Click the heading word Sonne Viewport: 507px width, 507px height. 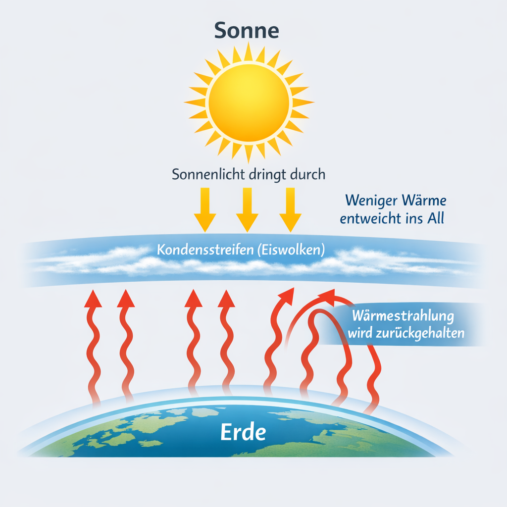(x=247, y=31)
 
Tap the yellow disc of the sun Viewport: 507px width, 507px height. (x=249, y=103)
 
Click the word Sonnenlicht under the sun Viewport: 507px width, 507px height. (x=208, y=174)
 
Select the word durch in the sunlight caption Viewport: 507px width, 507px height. (x=307, y=174)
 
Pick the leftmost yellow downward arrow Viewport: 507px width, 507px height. (x=205, y=209)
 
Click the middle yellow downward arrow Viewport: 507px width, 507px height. (x=247, y=209)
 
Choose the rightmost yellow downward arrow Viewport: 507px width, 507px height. (x=290, y=209)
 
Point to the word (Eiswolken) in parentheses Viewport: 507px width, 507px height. (x=291, y=250)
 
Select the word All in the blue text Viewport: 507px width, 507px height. (x=436, y=218)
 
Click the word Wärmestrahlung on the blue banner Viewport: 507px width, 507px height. (x=403, y=316)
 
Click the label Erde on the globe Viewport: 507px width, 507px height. (x=243, y=432)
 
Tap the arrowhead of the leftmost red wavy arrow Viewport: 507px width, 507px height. (x=93, y=299)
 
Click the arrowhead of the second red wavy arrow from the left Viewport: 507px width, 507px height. (x=126, y=299)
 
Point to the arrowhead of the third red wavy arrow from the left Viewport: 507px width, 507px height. (x=194, y=299)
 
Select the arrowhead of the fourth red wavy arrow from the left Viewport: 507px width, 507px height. (x=226, y=299)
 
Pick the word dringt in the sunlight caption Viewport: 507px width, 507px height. (x=268, y=175)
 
